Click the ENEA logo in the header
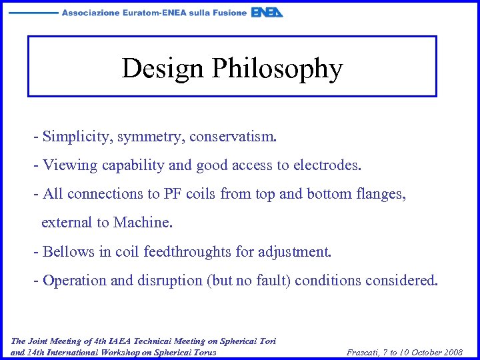267,13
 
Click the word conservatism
231,137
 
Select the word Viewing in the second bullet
71,165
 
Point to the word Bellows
68,252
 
